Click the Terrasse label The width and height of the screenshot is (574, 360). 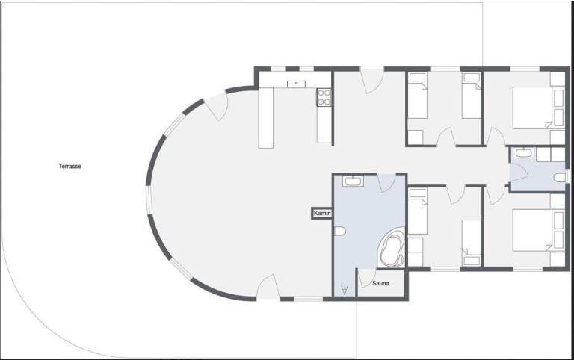click(x=70, y=166)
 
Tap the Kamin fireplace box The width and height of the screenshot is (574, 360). click(x=322, y=213)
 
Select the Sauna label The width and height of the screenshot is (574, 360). click(x=380, y=283)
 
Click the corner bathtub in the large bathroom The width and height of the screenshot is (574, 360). click(x=391, y=248)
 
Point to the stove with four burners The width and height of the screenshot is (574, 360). click(x=324, y=97)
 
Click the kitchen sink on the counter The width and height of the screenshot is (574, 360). click(x=297, y=84)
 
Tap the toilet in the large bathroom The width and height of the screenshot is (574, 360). click(x=340, y=232)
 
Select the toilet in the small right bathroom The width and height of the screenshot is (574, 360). click(x=559, y=178)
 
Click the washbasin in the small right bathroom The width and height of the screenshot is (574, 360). click(x=523, y=153)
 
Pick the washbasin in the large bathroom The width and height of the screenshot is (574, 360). click(x=353, y=181)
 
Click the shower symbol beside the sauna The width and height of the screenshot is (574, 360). click(x=345, y=289)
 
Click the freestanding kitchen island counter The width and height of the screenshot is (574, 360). click(x=266, y=118)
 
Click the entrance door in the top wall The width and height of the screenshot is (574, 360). click(x=371, y=80)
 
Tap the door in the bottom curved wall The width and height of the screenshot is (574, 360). click(x=268, y=288)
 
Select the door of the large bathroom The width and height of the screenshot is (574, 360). click(x=386, y=183)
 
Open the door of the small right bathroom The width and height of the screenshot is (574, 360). click(x=519, y=173)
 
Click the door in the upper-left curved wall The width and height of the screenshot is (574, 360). click(x=217, y=106)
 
